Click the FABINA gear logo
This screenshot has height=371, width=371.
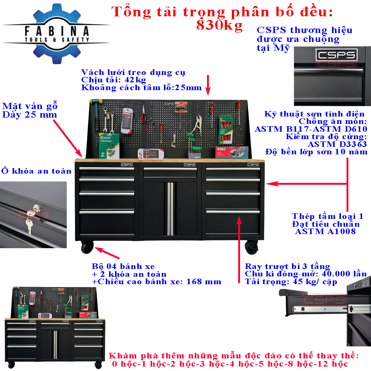click(57, 34)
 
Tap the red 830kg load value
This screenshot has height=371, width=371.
click(219, 25)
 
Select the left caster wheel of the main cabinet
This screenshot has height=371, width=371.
click(87, 247)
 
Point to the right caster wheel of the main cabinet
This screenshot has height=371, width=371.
click(251, 247)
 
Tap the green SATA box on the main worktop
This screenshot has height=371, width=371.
click(109, 145)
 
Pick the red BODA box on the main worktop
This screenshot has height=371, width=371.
click(232, 152)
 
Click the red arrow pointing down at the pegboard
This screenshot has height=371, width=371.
click(208, 85)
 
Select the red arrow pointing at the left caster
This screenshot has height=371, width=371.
click(107, 253)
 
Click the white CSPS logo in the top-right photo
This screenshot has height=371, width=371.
click(336, 55)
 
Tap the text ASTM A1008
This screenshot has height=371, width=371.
click(325, 232)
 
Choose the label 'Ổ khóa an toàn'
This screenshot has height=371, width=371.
click(36, 171)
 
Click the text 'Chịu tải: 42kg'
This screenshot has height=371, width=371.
click(114, 80)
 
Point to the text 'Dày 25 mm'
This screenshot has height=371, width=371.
click(30, 115)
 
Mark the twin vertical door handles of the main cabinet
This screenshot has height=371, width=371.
click(170, 209)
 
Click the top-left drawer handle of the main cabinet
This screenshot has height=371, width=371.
click(107, 169)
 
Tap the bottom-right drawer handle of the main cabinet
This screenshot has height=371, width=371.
click(233, 211)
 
